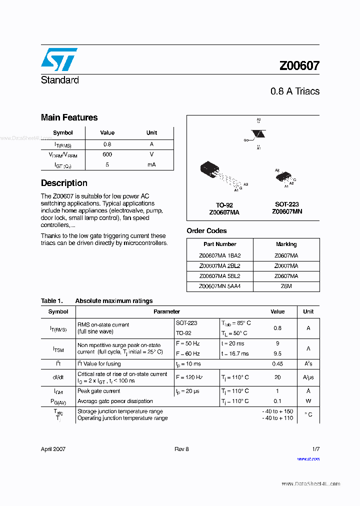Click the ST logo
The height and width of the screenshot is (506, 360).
(59, 59)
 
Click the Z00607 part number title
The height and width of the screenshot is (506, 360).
(299, 65)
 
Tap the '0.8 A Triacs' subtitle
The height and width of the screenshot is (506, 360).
(294, 91)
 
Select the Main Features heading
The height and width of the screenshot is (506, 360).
(69, 117)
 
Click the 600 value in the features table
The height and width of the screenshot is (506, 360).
(107, 154)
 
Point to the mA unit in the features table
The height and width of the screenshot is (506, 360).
(151, 164)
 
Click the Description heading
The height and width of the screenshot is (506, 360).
(64, 183)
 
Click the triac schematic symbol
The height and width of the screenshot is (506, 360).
(258, 134)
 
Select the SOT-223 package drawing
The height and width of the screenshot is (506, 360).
(283, 177)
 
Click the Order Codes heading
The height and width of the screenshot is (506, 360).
(206, 230)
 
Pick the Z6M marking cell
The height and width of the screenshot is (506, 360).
(286, 286)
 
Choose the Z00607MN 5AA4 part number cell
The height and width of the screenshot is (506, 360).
(219, 286)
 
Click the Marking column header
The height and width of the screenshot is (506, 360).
(286, 244)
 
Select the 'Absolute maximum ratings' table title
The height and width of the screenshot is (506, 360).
(113, 301)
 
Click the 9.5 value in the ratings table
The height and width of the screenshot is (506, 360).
(277, 353)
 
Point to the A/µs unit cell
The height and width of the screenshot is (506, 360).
(308, 377)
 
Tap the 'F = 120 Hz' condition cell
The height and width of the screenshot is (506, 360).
(189, 377)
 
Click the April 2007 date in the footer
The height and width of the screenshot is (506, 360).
(53, 449)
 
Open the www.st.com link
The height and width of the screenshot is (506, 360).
(308, 458)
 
